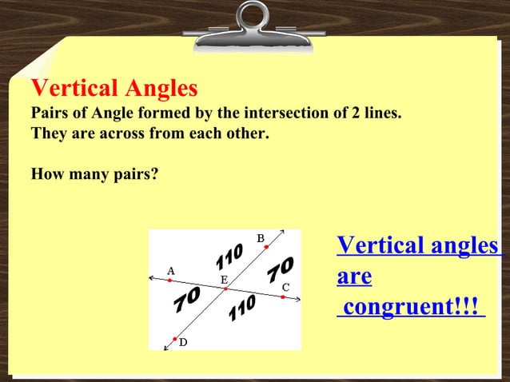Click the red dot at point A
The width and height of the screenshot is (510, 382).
pyautogui.click(x=169, y=281)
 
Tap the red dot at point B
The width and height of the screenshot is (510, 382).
pyautogui.click(x=266, y=248)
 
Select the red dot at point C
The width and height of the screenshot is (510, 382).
pyautogui.click(x=282, y=296)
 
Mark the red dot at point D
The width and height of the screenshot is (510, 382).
pyautogui.click(x=175, y=339)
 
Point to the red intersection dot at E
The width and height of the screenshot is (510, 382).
pyautogui.click(x=225, y=288)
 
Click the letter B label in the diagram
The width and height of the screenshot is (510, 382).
pyautogui.click(x=260, y=238)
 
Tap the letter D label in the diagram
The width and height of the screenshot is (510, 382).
pyautogui.click(x=183, y=342)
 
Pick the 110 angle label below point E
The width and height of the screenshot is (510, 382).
pyautogui.click(x=241, y=308)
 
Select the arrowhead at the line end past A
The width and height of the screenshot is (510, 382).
pyautogui.click(x=152, y=278)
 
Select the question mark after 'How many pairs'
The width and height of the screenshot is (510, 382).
pyautogui.click(x=154, y=172)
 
